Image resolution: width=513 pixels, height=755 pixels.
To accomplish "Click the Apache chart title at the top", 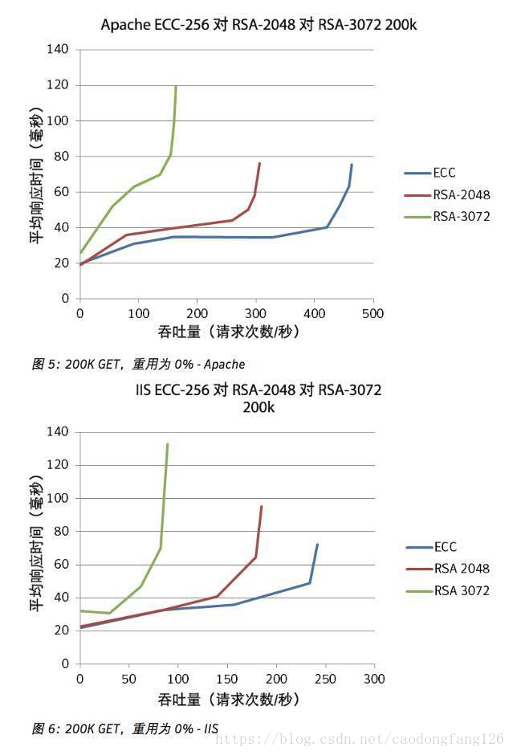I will (259, 25).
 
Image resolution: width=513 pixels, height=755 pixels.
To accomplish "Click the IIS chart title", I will (259, 398).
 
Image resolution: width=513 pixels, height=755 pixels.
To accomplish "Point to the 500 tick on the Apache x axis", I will (373, 313).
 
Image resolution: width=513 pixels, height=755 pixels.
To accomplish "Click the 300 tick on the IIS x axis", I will (374, 679).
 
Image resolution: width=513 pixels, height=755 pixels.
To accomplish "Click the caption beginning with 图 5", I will (138, 364).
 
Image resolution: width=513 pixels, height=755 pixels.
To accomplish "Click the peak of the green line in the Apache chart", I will (176, 86).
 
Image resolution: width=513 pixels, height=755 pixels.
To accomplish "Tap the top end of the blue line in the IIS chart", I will (317, 545).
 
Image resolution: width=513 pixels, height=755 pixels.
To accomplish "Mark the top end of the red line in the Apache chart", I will (259, 163).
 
